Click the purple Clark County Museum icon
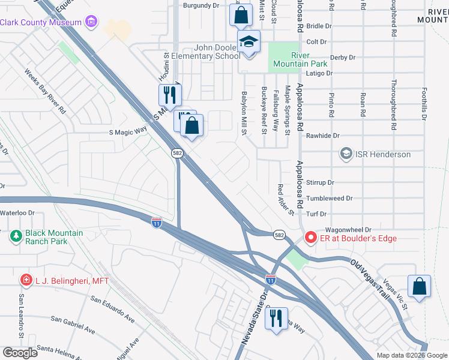tap(91, 23)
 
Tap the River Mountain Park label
tap(300, 59)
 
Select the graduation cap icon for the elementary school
tap(247, 42)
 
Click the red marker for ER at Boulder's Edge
tap(311, 238)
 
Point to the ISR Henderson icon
tap(346, 154)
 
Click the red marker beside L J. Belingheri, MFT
tap(25, 280)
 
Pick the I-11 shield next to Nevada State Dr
tap(271, 280)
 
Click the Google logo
tap(20, 353)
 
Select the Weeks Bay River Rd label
tap(45, 92)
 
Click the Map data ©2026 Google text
tap(411, 355)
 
